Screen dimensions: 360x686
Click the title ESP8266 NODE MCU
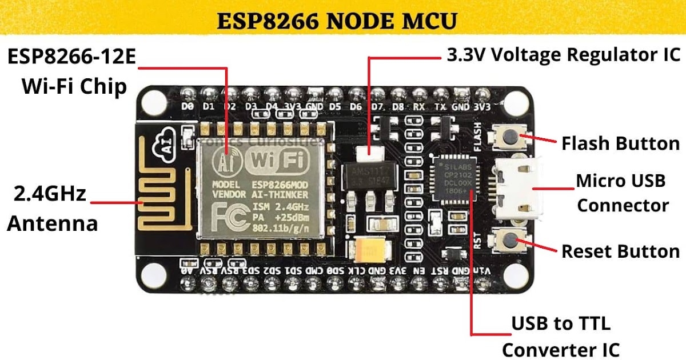337,22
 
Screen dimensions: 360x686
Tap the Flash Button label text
620,143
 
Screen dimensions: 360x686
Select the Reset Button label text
620,251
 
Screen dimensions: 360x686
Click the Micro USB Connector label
622,193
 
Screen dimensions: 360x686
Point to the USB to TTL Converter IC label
561,337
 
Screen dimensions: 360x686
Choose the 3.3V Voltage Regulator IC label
563,55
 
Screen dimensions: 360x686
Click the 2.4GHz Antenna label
51,209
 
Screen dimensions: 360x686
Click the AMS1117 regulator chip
369,177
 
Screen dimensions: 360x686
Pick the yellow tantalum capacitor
368,249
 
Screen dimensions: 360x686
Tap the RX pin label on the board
419,107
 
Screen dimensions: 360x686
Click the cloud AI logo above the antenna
165,148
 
